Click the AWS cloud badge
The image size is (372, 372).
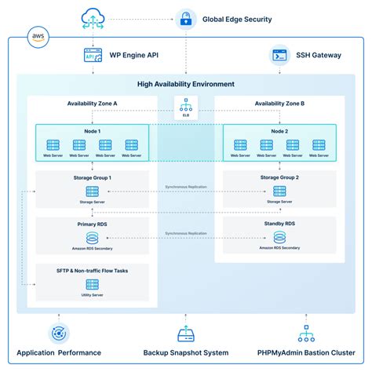pos(38,36)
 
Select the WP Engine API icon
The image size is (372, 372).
pos(93,55)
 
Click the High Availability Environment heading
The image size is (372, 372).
pos(186,84)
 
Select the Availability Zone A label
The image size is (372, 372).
pos(93,103)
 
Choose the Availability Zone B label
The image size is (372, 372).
pos(280,103)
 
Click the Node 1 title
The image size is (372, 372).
pos(93,130)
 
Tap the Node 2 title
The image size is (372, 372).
pos(280,130)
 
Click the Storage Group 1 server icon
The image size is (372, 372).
pos(93,191)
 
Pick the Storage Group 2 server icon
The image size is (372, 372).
pos(280,191)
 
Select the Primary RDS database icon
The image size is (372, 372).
pos(93,237)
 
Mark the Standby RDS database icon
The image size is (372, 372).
pos(280,237)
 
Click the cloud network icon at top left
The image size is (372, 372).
pos(93,16)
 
